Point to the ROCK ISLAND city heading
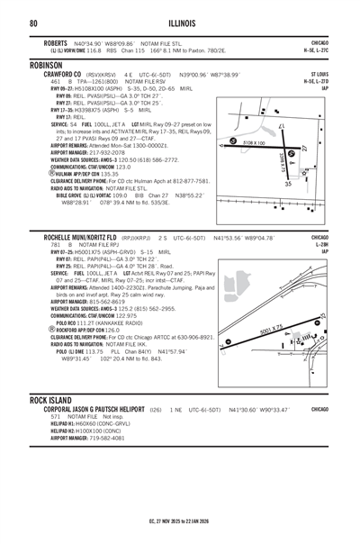pyautogui.click(x=57, y=398)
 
